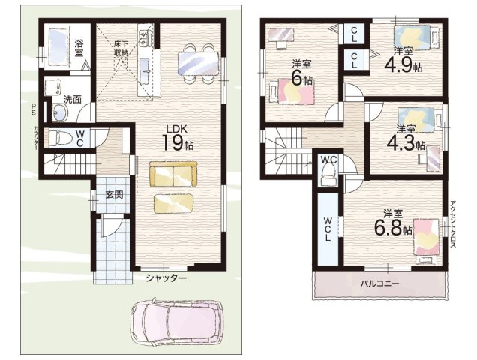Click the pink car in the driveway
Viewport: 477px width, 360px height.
pyautogui.click(x=176, y=323)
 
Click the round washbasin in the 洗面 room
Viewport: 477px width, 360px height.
pyautogui.click(x=60, y=112)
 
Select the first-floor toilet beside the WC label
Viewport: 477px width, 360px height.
pyautogui.click(x=60, y=138)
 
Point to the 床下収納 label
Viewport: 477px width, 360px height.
pyautogui.click(x=121, y=49)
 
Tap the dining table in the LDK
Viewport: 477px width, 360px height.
pyautogui.click(x=198, y=63)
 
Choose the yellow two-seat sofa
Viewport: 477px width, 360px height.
pyautogui.click(x=173, y=174)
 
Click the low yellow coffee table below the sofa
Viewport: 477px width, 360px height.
pyautogui.click(x=173, y=203)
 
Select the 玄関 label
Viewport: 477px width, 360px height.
pyautogui.click(x=114, y=195)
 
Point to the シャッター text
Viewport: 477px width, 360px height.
pyautogui.click(x=166, y=278)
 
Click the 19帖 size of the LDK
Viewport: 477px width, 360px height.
pyautogui.click(x=178, y=142)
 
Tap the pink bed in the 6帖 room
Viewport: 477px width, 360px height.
pyautogui.click(x=292, y=91)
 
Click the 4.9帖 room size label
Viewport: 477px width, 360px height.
pyautogui.click(x=403, y=64)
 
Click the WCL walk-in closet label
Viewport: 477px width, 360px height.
pyautogui.click(x=327, y=229)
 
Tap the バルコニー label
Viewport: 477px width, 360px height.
pyautogui.click(x=379, y=284)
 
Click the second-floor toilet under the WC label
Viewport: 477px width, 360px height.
pyautogui.click(x=328, y=174)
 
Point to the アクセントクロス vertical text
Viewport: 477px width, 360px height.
pyautogui.click(x=453, y=224)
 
